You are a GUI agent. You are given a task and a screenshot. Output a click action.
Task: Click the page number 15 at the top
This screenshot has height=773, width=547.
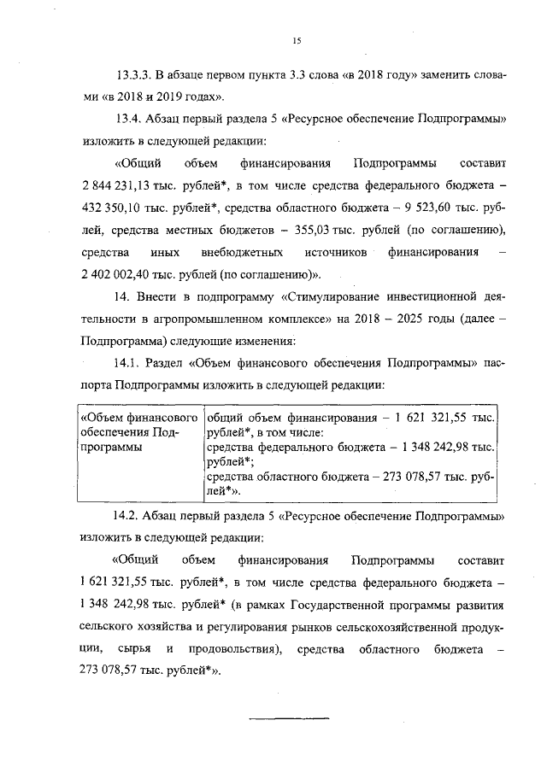297,40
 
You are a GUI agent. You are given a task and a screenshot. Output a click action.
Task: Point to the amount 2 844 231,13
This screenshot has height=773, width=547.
115,184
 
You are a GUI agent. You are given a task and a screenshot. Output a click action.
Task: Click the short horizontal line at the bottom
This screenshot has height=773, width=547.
288,715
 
